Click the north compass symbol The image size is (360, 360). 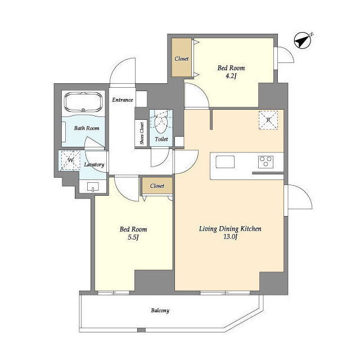(303, 40)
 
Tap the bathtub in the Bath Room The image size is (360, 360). (83, 102)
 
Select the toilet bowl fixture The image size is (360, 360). (161, 123)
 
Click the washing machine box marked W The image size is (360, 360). (70, 160)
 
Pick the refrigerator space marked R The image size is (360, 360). (268, 120)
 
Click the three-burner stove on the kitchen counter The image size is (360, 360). (265, 161)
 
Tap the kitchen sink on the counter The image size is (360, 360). (225, 161)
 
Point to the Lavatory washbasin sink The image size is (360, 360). (93, 187)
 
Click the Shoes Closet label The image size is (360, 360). (142, 133)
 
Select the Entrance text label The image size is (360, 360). (123, 100)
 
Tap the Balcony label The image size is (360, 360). (160, 310)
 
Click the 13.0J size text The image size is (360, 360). (230, 237)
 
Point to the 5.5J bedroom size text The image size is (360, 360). (133, 237)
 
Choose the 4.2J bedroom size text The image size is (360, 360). (231, 76)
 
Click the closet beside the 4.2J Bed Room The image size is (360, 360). (181, 57)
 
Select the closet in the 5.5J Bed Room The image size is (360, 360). (157, 186)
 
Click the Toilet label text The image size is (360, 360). (161, 139)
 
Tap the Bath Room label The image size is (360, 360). (87, 128)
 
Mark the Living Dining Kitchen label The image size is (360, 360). (230, 229)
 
